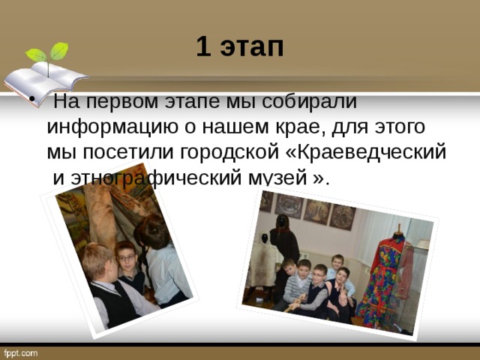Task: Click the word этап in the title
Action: click(251, 48)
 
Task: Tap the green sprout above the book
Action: click(48, 54)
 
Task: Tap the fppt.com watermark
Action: click(21, 352)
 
